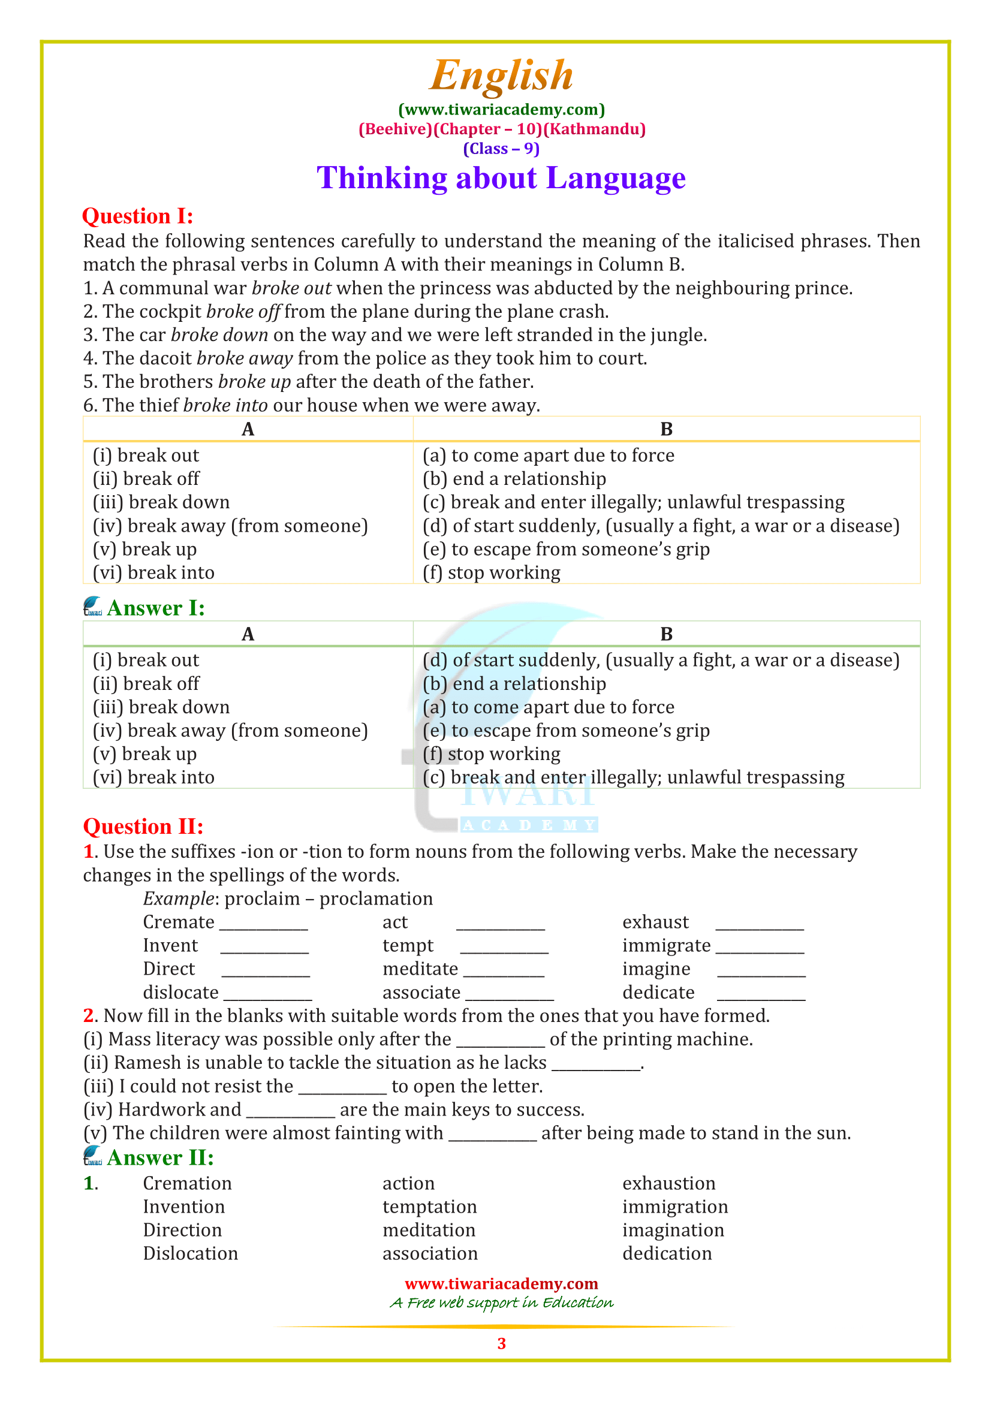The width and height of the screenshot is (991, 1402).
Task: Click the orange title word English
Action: point(501,76)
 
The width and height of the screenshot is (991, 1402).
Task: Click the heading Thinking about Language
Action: point(501,178)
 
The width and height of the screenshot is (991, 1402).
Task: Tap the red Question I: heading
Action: point(137,216)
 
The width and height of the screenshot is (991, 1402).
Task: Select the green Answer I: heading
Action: point(156,608)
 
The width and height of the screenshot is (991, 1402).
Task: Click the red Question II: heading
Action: point(143,826)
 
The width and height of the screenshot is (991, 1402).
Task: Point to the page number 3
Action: point(501,1343)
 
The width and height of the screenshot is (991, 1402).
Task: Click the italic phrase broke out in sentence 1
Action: point(291,288)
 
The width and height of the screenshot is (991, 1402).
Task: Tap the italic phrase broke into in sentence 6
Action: point(225,405)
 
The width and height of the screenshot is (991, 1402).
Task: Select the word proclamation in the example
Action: point(375,899)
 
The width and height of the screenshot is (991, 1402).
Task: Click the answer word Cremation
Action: point(187,1183)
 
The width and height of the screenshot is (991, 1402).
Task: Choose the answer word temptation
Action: point(429,1207)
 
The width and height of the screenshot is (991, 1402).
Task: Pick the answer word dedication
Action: point(667,1253)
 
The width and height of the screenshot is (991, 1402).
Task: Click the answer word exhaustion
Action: point(668,1183)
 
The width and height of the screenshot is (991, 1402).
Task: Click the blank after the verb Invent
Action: point(264,948)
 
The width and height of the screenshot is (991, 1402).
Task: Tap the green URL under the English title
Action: point(501,110)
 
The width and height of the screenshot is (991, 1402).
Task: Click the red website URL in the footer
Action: point(501,1283)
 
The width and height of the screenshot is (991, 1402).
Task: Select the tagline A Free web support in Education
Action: point(501,1303)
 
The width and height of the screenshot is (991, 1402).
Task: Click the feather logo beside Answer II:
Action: point(93,1156)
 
